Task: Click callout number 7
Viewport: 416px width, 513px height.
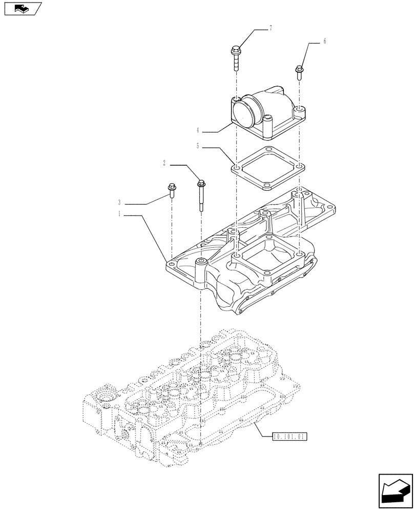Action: click(270, 28)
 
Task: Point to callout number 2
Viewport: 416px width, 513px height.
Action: click(164, 164)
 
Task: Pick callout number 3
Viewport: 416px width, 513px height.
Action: click(119, 203)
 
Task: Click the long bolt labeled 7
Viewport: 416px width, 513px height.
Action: click(236, 58)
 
